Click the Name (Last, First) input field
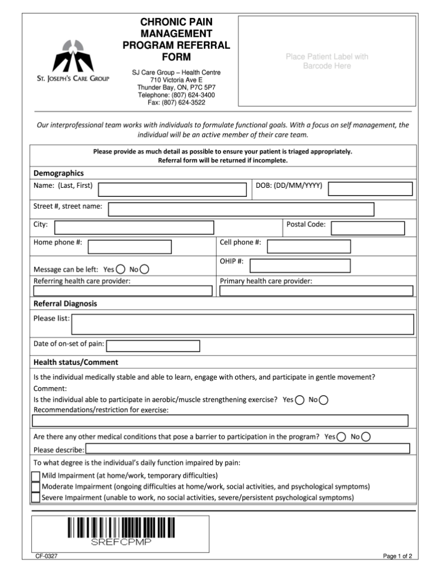172,189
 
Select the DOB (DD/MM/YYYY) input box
370,188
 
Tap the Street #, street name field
241,209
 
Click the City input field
134,227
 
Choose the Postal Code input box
368,228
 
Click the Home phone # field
130,247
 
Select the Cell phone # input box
309,246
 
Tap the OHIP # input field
300,265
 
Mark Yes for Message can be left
121,269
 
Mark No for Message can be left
144,269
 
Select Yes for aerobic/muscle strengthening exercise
300,400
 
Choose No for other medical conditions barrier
366,437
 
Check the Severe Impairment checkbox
36,497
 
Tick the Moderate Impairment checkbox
36,487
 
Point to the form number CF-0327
47,557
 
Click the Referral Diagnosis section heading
65,304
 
